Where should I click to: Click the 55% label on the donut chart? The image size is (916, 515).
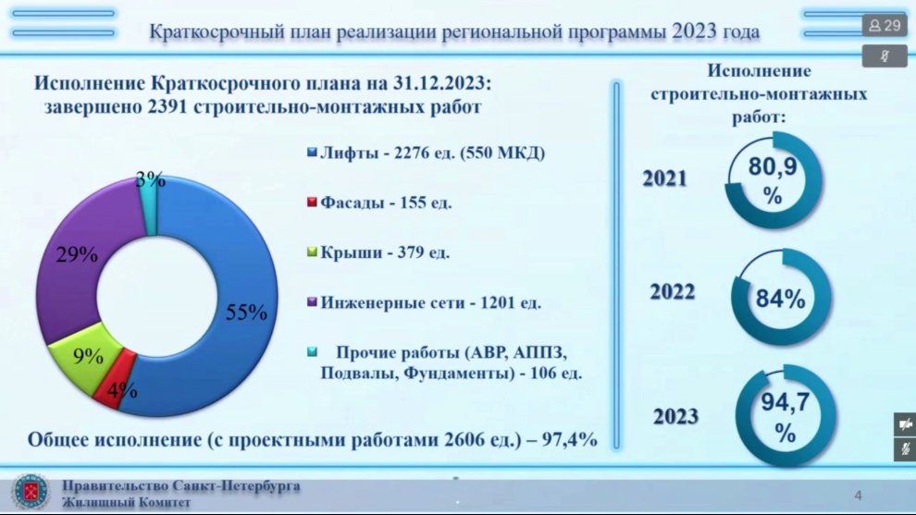[x=246, y=312]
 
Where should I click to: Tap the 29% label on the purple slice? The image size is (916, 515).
[x=77, y=254]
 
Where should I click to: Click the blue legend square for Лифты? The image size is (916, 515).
[x=312, y=153]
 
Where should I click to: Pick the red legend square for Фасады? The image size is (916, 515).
[x=312, y=202]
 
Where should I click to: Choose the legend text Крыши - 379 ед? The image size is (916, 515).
[x=385, y=252]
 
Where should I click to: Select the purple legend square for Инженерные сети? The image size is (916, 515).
[x=312, y=301]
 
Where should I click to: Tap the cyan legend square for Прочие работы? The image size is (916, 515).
[x=312, y=351]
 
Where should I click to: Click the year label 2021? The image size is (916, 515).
[x=665, y=178]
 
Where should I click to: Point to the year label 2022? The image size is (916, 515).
[x=673, y=291]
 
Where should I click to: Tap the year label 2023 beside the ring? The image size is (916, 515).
[x=676, y=416]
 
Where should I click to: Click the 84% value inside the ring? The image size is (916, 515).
[x=781, y=299]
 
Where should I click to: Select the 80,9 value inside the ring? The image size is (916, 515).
[x=773, y=166]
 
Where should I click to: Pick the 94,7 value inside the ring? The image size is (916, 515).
[x=786, y=401]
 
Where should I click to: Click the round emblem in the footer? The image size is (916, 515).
[x=31, y=492]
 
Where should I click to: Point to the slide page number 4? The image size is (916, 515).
[x=858, y=496]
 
